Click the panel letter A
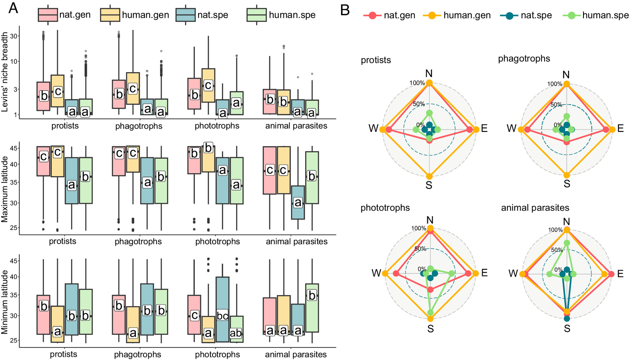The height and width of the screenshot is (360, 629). [x=13, y=8]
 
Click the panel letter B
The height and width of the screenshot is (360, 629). [x=345, y=10]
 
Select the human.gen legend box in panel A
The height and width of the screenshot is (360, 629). [x=110, y=15]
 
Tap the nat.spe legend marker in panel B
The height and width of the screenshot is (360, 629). [x=509, y=16]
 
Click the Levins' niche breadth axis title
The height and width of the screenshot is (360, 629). [x=4, y=72]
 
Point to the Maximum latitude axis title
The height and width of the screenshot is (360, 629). [x=4, y=189]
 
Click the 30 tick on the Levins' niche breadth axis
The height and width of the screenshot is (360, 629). [x=14, y=36]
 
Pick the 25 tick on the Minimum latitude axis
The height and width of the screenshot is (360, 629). [x=14, y=340]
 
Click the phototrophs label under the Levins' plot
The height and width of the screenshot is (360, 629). [x=217, y=126]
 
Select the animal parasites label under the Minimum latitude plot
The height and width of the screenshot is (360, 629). [x=296, y=354]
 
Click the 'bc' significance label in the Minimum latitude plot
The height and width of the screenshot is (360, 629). [x=222, y=315]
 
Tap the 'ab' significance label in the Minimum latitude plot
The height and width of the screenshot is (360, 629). [x=236, y=333]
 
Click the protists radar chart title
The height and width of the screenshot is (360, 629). [x=376, y=60]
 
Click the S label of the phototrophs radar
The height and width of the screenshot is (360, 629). [x=430, y=329]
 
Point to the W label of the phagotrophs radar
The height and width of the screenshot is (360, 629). [x=511, y=128]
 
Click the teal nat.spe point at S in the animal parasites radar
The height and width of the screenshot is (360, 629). [x=567, y=318]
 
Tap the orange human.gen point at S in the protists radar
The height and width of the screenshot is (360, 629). [x=429, y=176]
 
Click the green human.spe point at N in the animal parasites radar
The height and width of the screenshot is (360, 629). [x=567, y=243]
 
